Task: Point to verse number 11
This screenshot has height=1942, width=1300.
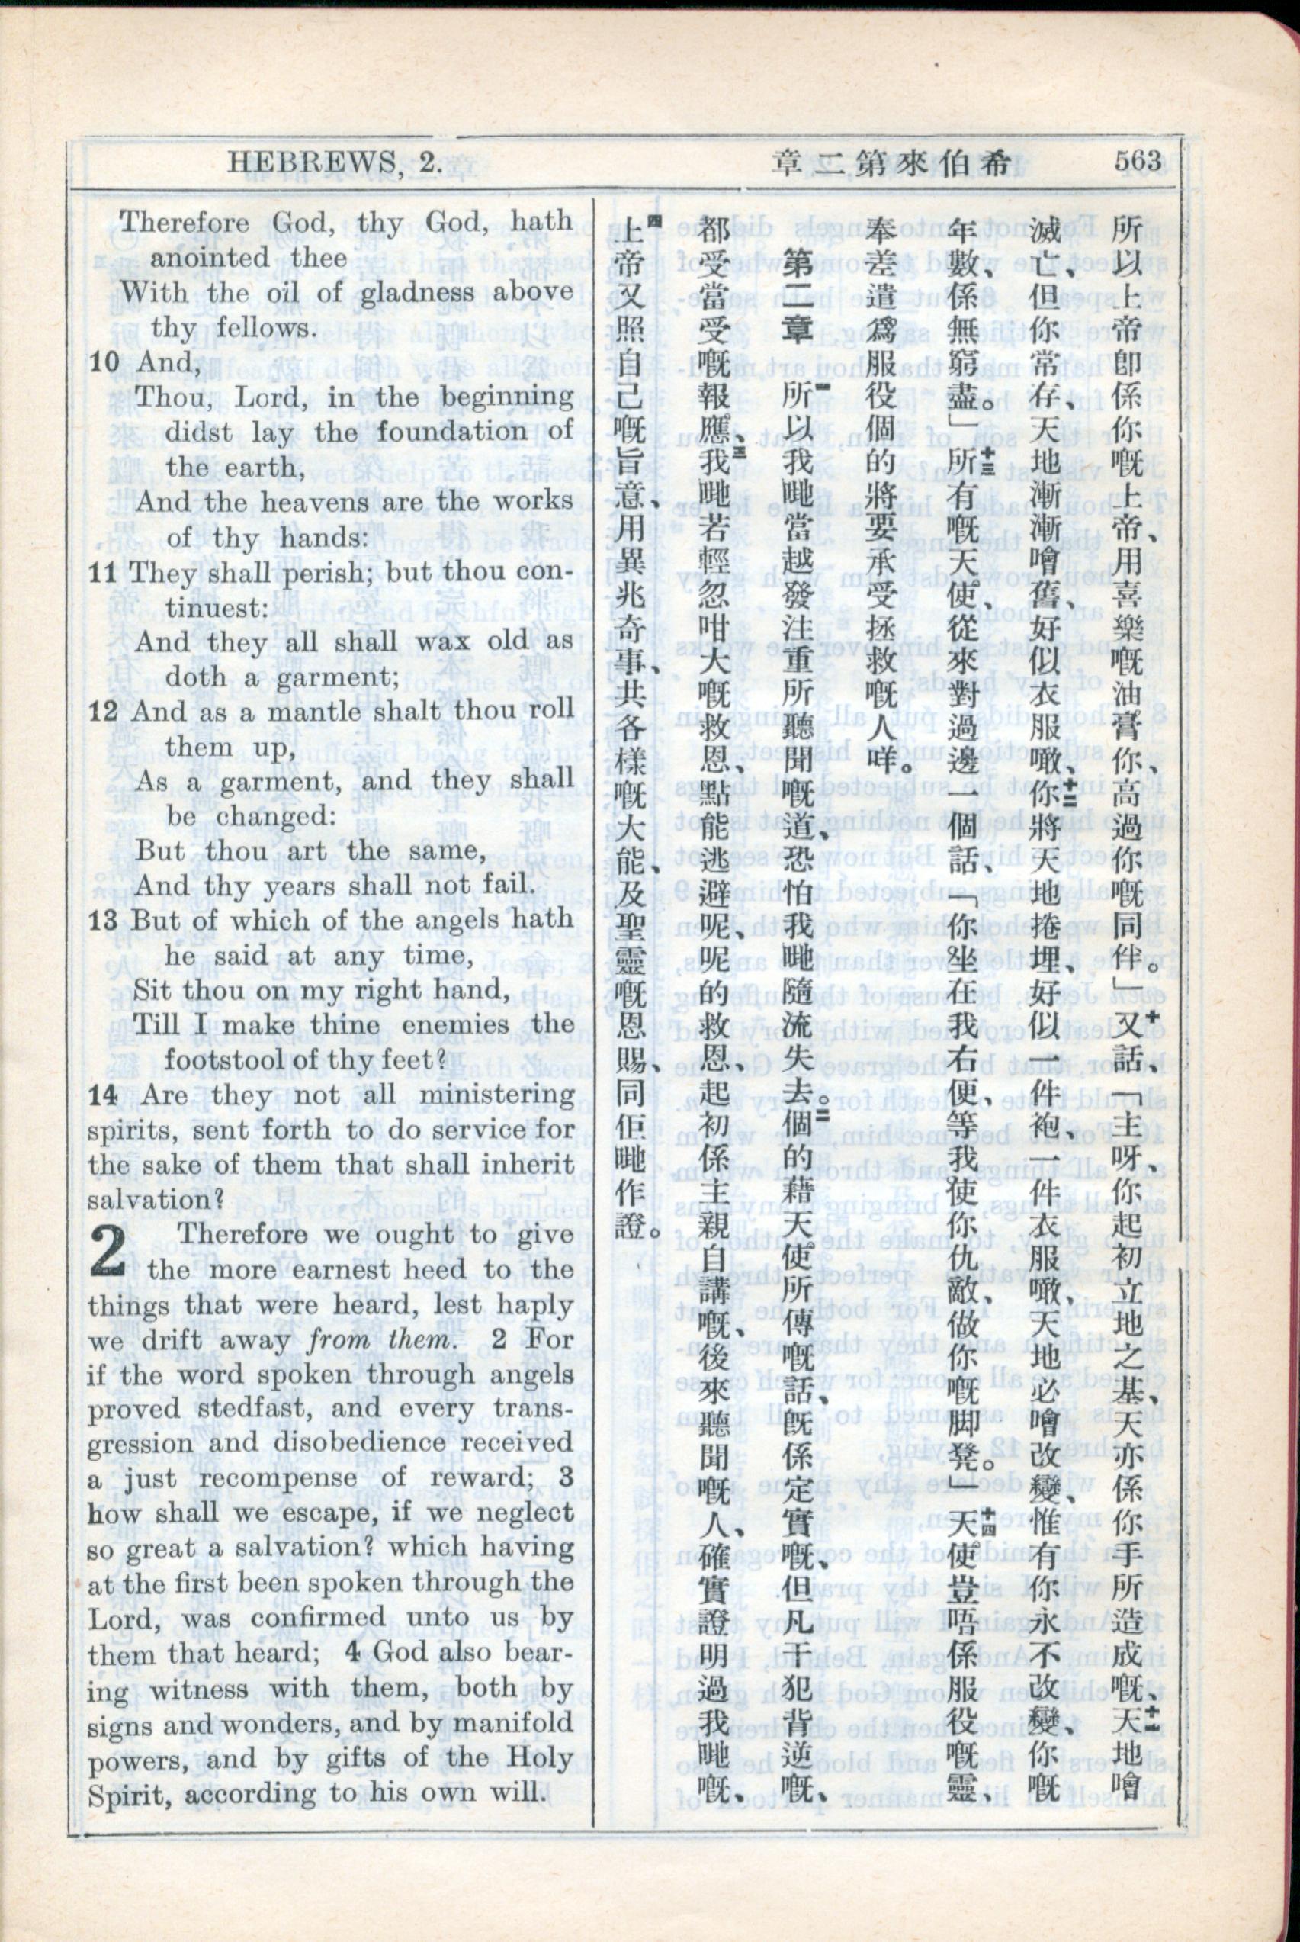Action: click(104, 572)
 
